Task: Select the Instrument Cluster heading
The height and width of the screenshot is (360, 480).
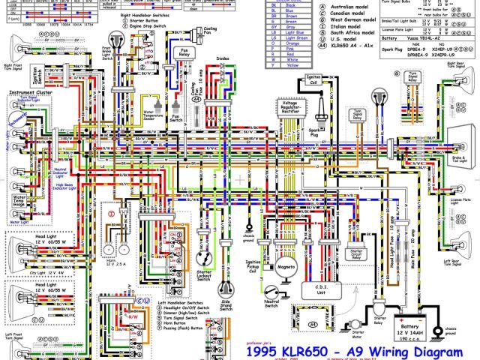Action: (25, 92)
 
